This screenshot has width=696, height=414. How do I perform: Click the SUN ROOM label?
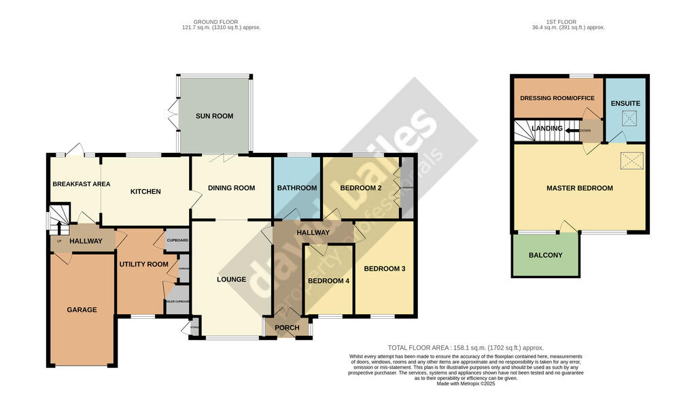point(214,116)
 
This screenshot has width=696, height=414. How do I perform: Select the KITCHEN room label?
point(145,192)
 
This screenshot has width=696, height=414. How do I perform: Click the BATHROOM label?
point(296,188)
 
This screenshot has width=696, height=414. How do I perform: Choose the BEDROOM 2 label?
point(360,188)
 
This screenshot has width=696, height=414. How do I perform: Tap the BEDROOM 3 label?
point(384,269)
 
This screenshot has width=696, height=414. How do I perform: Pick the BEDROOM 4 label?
point(328,281)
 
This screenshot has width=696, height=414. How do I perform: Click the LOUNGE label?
point(231,279)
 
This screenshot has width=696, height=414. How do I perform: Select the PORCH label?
point(286,328)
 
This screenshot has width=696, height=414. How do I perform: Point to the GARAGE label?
point(82,310)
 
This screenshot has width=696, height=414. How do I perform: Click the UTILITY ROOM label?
point(143,264)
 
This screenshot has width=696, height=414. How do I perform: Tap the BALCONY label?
point(545,256)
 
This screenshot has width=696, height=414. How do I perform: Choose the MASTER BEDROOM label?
point(579,188)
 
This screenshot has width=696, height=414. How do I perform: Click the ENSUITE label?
point(625,103)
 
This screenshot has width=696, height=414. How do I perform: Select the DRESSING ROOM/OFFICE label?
point(557,99)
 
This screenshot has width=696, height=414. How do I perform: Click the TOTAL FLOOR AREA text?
point(466,348)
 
